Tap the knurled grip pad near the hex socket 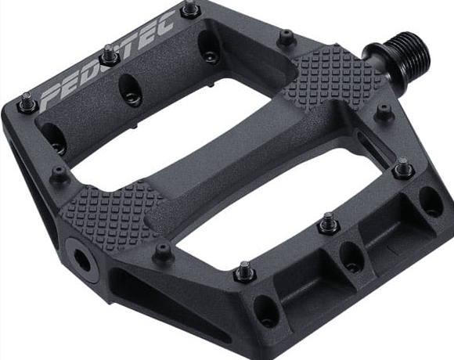point(106,211)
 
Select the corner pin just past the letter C point(188,10)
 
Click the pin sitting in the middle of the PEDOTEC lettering point(107,56)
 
